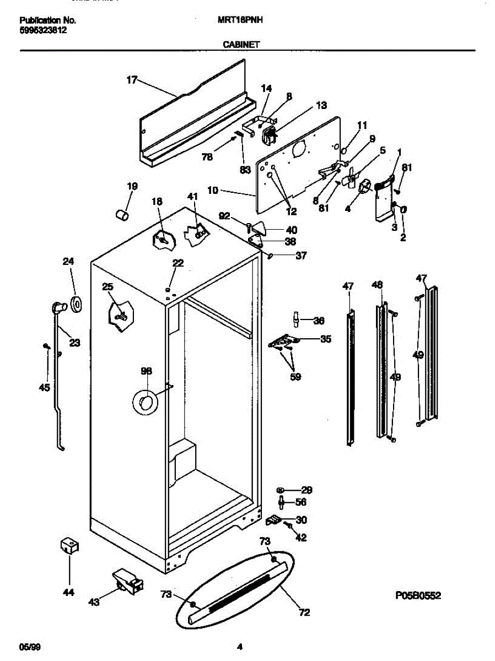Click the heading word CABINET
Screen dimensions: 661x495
[x=241, y=45]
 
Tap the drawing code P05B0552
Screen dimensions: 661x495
[x=418, y=595]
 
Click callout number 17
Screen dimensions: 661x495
[x=131, y=80]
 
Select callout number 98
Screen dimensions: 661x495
[x=146, y=371]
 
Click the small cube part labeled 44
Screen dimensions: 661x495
[x=69, y=547]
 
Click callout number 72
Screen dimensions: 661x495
[x=304, y=612]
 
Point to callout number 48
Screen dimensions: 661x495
[x=377, y=285]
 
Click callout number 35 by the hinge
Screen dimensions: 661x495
[x=326, y=339]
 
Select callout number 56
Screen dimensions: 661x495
[x=300, y=502]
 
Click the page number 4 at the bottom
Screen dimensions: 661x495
[x=240, y=647]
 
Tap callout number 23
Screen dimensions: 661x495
[x=74, y=343]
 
